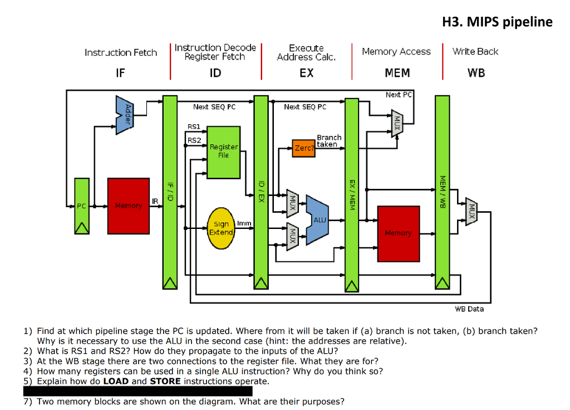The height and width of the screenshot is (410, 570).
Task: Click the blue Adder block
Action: coord(125,115)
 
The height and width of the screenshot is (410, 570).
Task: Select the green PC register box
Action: coord(82,206)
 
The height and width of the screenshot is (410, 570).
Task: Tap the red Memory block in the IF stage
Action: coord(129,206)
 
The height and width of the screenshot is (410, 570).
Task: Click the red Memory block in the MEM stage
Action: coord(398,233)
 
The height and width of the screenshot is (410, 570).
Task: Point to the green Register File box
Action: coord(223,152)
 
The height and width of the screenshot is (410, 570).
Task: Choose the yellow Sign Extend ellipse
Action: coord(221,228)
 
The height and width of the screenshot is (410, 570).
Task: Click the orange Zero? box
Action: coord(304,149)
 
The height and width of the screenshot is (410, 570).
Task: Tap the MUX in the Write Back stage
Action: coord(471,212)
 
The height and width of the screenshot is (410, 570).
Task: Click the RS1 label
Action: coord(194,127)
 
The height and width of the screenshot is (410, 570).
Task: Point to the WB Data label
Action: coord(469,309)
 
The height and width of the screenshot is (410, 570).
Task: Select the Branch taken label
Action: coord(328,140)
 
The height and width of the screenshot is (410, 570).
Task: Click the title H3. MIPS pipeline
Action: coord(497,22)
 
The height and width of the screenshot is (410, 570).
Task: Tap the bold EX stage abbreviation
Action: coord(306,73)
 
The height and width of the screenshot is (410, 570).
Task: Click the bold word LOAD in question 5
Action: coord(116,381)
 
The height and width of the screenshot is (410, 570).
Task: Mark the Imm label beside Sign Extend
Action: coord(244,223)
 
